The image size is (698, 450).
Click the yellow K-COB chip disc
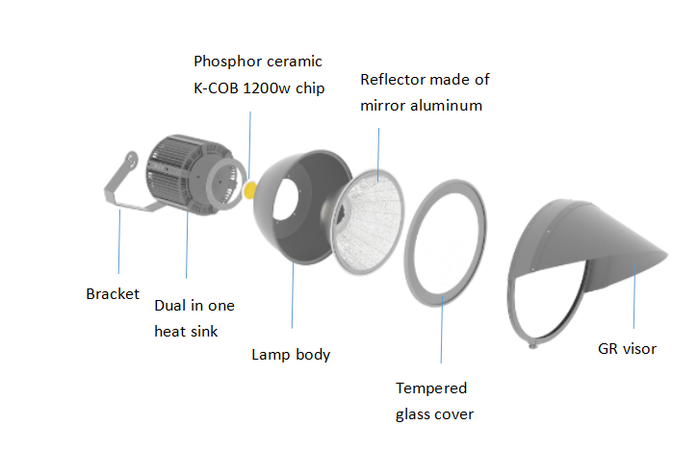(249, 190)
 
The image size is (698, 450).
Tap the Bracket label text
(113, 294)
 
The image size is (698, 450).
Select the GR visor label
(627, 349)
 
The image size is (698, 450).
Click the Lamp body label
(291, 355)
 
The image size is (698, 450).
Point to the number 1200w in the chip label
(266, 88)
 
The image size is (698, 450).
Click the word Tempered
(431, 388)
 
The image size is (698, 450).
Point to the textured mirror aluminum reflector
(370, 221)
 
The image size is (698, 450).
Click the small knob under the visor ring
(532, 344)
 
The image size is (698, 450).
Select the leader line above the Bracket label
(119, 241)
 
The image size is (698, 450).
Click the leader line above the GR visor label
(634, 296)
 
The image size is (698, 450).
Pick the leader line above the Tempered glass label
(442, 330)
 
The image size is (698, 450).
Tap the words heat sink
(186, 332)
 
